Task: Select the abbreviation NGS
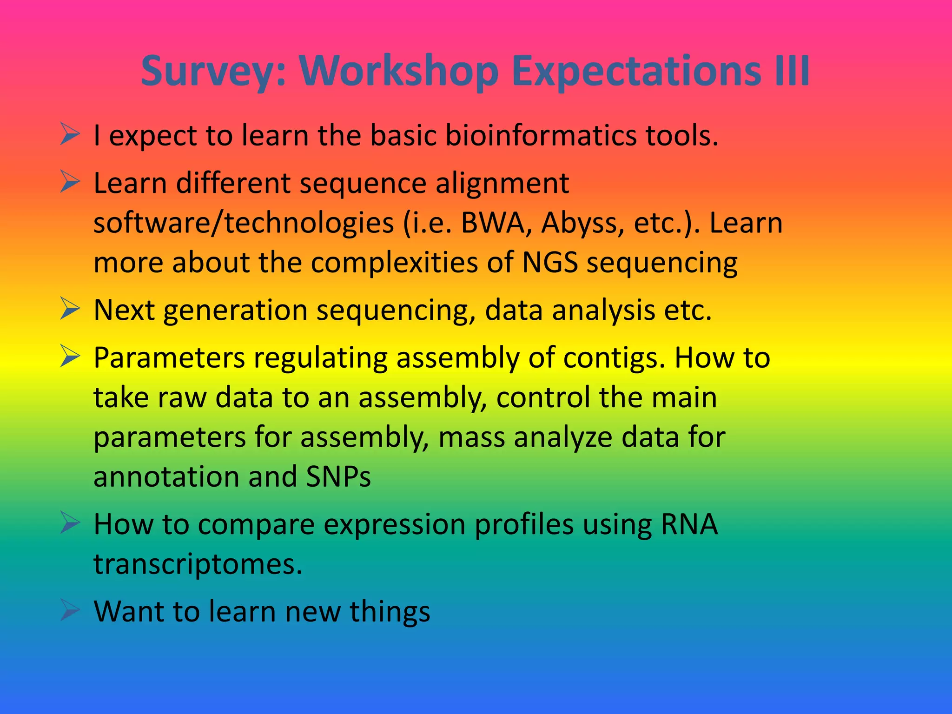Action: pos(550,262)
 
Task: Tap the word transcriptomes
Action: pos(198,564)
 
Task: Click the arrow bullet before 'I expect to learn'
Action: pos(70,135)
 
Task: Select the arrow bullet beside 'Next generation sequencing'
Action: pos(70,309)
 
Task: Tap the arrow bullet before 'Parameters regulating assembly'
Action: pos(70,357)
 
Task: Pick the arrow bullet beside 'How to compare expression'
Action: pos(70,523)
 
